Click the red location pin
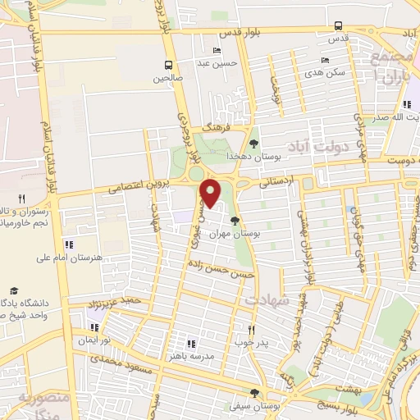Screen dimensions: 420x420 pyautogui.click(x=212, y=193)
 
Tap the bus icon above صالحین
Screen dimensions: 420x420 pyautogui.click(x=168, y=65)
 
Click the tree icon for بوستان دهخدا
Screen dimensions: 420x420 pyautogui.click(x=253, y=144)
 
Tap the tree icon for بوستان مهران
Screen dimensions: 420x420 pyautogui.click(x=235, y=221)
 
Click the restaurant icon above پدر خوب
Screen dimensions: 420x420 pyautogui.click(x=252, y=329)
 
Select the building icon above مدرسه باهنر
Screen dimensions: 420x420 pyautogui.click(x=191, y=344)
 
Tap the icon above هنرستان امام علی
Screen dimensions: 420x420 pyautogui.click(x=69, y=244)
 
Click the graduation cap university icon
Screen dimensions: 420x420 pyautogui.click(x=13, y=290)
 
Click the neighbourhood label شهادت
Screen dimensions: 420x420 pyautogui.click(x=272, y=301)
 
